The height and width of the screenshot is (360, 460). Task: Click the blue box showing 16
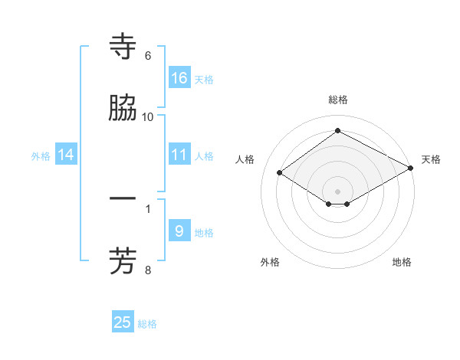pyautogui.click(x=179, y=78)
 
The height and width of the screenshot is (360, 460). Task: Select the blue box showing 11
pyautogui.click(x=179, y=155)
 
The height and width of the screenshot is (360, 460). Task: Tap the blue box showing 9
pyautogui.click(x=179, y=231)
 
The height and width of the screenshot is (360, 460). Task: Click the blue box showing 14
pyautogui.click(x=66, y=155)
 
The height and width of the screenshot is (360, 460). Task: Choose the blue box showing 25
pyautogui.click(x=123, y=322)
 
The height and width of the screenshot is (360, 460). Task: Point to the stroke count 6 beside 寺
pyautogui.click(x=148, y=56)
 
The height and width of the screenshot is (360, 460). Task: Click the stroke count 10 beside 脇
pyautogui.click(x=148, y=116)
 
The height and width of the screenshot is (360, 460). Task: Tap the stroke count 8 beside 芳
pyautogui.click(x=148, y=270)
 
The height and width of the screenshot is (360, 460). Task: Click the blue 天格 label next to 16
pyautogui.click(x=204, y=79)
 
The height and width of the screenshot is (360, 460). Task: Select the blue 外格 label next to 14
pyautogui.click(x=41, y=155)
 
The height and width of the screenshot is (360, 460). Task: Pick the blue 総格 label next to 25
pyautogui.click(x=147, y=324)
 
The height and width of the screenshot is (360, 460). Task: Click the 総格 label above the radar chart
pyautogui.click(x=337, y=100)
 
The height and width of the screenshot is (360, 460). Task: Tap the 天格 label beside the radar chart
pyautogui.click(x=431, y=159)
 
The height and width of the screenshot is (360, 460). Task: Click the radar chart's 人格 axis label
pyautogui.click(x=245, y=159)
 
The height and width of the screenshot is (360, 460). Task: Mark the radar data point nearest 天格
pyautogui.click(x=411, y=169)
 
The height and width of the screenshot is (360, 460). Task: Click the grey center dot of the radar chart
pyautogui.click(x=337, y=191)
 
